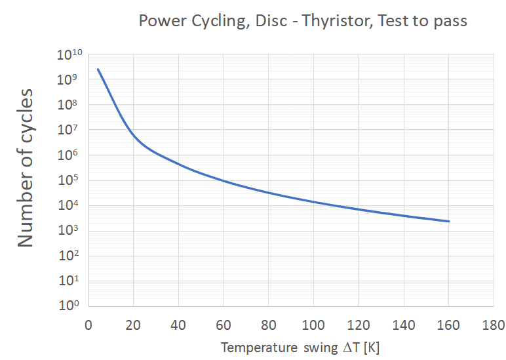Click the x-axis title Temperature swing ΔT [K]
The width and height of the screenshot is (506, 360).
click(x=300, y=347)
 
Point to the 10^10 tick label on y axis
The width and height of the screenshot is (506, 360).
click(x=69, y=56)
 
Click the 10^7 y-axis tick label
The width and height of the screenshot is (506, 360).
click(x=70, y=132)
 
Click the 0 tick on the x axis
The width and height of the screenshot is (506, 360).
click(x=88, y=325)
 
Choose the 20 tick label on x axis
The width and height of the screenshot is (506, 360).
click(x=133, y=325)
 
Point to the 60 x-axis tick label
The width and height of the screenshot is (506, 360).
click(x=223, y=325)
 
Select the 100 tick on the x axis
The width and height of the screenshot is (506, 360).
click(x=313, y=325)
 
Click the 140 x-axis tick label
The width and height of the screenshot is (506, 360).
click(x=403, y=325)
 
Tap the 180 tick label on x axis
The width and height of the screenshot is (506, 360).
click(x=493, y=325)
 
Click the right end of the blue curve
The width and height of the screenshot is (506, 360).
click(x=449, y=221)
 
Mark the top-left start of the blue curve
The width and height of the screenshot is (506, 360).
click(x=98, y=69)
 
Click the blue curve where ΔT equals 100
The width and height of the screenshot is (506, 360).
click(x=313, y=201)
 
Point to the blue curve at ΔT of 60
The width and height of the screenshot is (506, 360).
click(x=223, y=180)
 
